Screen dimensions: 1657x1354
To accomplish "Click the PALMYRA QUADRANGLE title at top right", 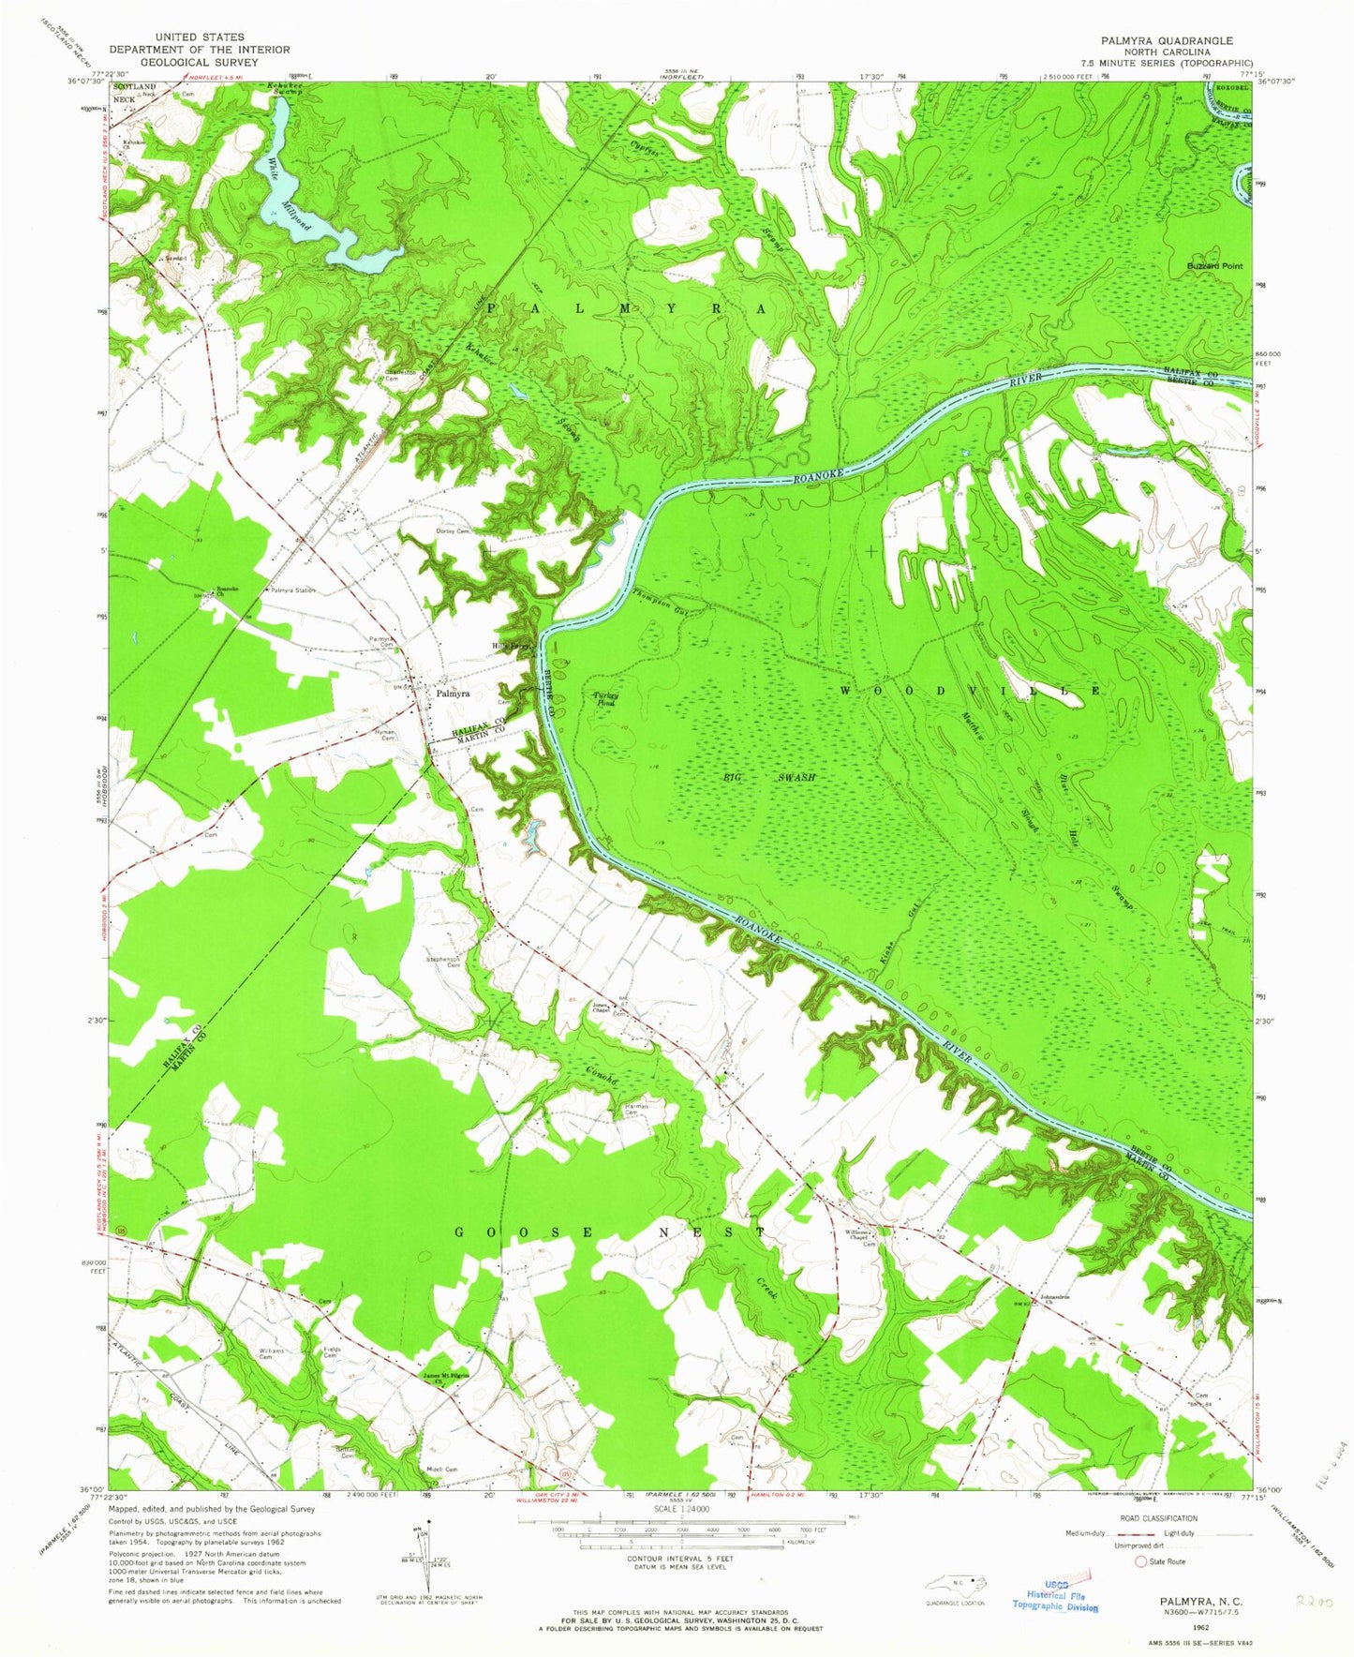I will (x=1168, y=41).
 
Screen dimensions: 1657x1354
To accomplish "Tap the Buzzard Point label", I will (x=1214, y=266).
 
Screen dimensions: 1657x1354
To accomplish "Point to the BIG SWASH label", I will (x=769, y=779).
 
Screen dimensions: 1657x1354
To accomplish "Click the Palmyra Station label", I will (x=293, y=590).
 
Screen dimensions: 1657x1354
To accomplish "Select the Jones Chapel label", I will (x=602, y=1009).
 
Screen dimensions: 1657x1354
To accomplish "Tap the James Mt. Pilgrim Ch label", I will (x=445, y=1377).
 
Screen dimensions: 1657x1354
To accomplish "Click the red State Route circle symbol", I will (x=1140, y=1560).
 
